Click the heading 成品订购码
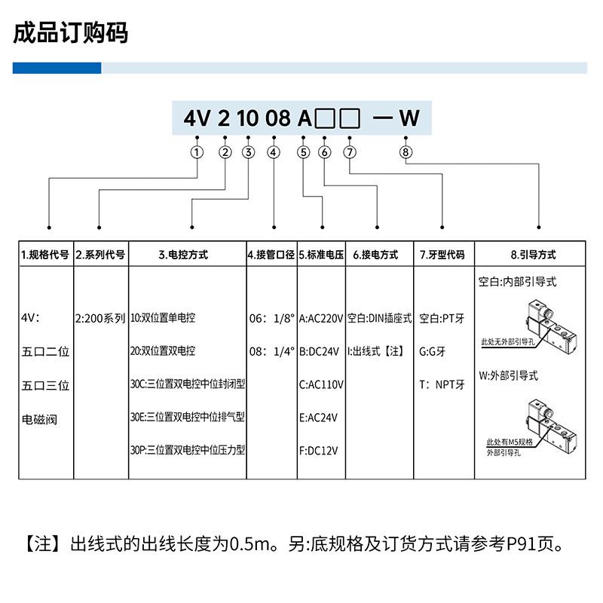pyautogui.click(x=71, y=32)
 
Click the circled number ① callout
pyautogui.click(x=197, y=152)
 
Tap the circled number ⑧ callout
pyautogui.click(x=406, y=152)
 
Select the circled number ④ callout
pyautogui.click(x=274, y=152)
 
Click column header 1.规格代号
pyautogui.click(x=45, y=255)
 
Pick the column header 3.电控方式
pyautogui.click(x=187, y=255)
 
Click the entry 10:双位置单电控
pyautogui.click(x=163, y=318)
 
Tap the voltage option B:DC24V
pyautogui.click(x=321, y=351)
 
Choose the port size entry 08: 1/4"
pyautogui.click(x=271, y=351)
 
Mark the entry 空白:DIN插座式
pyautogui.click(x=380, y=318)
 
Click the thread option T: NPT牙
pyautogui.click(x=442, y=384)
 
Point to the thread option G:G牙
pyautogui.click(x=433, y=351)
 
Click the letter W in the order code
pyautogui.click(x=409, y=118)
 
